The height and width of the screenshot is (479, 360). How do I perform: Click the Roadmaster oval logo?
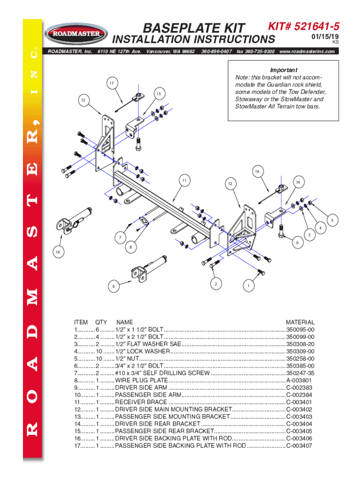pos(73,33)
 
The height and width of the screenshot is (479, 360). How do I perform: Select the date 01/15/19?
pos(326,36)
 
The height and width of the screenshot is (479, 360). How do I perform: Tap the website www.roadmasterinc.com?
pos(307,51)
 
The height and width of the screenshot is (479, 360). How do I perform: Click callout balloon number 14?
pos(297,181)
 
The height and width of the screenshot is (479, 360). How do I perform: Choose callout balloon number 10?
pos(58,252)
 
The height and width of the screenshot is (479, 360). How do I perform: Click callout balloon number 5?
pos(332,220)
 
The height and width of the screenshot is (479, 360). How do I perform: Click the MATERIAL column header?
pos(300,322)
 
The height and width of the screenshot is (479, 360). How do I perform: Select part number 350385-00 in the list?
pos(300,366)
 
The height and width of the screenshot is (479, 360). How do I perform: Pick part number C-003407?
pos(300,446)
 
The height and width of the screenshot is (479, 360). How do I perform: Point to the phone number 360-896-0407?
pos(216,51)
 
